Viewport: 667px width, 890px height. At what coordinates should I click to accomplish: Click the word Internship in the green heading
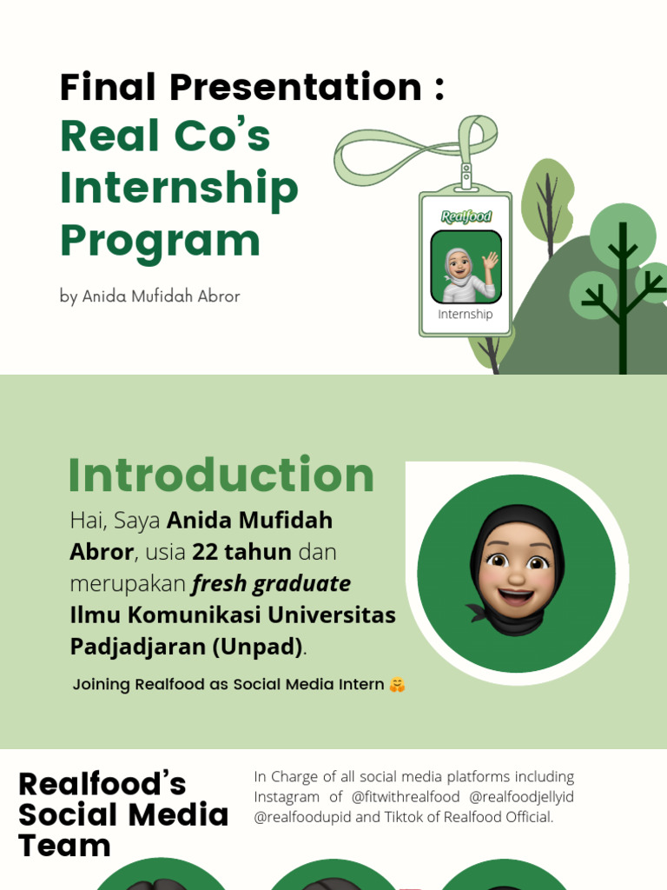pyautogui.click(x=179, y=188)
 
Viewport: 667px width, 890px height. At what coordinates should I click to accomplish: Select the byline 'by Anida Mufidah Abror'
pyautogui.click(x=149, y=296)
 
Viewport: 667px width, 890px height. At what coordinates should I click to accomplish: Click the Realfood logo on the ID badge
pyautogui.click(x=466, y=216)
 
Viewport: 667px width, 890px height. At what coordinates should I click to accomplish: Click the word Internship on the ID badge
pyautogui.click(x=466, y=315)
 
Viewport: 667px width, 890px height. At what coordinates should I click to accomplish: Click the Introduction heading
pyautogui.click(x=221, y=475)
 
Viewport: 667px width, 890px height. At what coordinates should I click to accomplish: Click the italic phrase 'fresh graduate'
pyautogui.click(x=271, y=583)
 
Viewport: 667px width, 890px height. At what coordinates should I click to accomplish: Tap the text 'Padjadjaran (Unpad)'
pyautogui.click(x=187, y=647)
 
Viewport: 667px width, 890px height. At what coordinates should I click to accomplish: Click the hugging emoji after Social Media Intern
pyautogui.click(x=397, y=685)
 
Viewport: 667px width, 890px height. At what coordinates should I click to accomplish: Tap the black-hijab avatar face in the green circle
pyautogui.click(x=516, y=569)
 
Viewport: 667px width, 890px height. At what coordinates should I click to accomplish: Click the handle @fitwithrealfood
pyautogui.click(x=406, y=797)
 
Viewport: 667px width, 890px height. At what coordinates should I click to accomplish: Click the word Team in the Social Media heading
pyautogui.click(x=64, y=846)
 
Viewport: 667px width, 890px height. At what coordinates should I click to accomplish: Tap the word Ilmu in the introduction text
pyautogui.click(x=96, y=615)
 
